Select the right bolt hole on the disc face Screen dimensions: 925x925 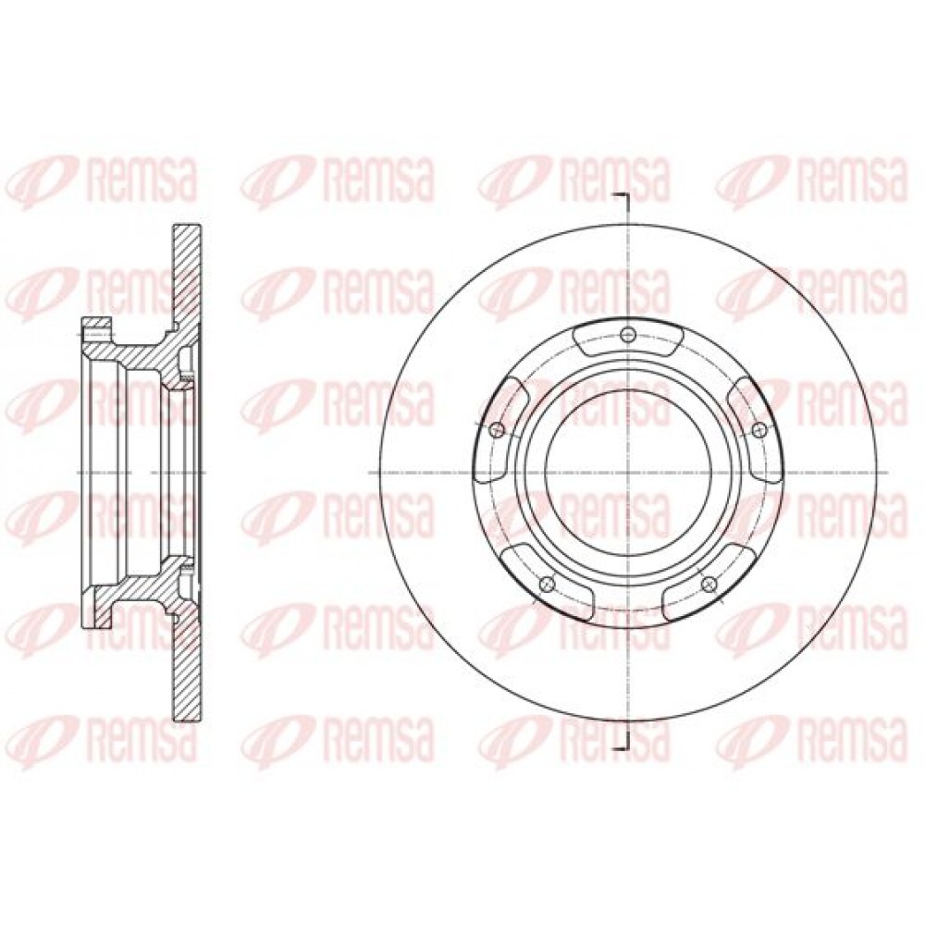pyautogui.click(x=759, y=428)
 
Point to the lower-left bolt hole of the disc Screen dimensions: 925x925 pyautogui.click(x=548, y=584)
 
